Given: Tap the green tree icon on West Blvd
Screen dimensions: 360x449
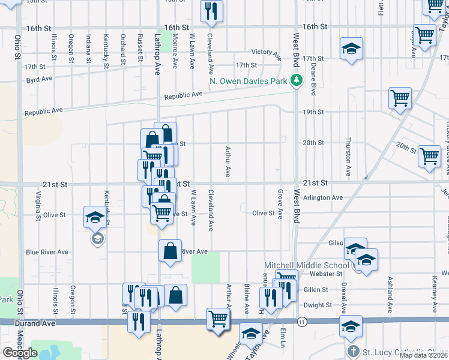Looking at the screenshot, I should coord(295,80).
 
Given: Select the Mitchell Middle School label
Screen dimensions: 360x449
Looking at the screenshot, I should coord(307,265).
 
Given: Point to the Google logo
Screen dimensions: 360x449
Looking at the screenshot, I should coord(20,352).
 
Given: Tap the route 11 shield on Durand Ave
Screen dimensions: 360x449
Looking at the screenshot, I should coord(301,322).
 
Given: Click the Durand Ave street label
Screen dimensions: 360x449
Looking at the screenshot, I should coord(35,323).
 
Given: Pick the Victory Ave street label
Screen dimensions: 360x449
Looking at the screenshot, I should coord(267,54).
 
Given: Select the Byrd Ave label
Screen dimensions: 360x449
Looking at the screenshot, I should coord(40,79).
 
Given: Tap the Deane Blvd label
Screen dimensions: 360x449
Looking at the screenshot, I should coord(313,81).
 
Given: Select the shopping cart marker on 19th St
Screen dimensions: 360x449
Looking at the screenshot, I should coord(400,98).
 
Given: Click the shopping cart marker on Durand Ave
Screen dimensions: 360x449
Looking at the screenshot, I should coord(217,318).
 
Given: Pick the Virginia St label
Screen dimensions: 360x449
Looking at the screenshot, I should coord(38,207).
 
